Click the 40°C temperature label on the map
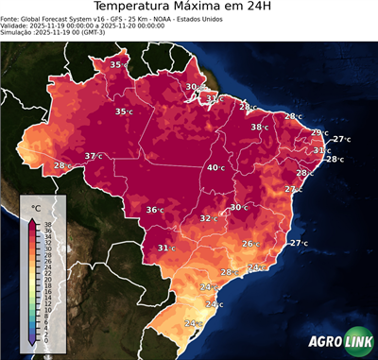[x=215, y=167]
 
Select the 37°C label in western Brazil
[x=94, y=156]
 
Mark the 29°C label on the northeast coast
[x=319, y=133]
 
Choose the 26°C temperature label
[x=249, y=244]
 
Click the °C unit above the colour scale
[x=36, y=207]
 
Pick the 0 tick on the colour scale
[x=44, y=339]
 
